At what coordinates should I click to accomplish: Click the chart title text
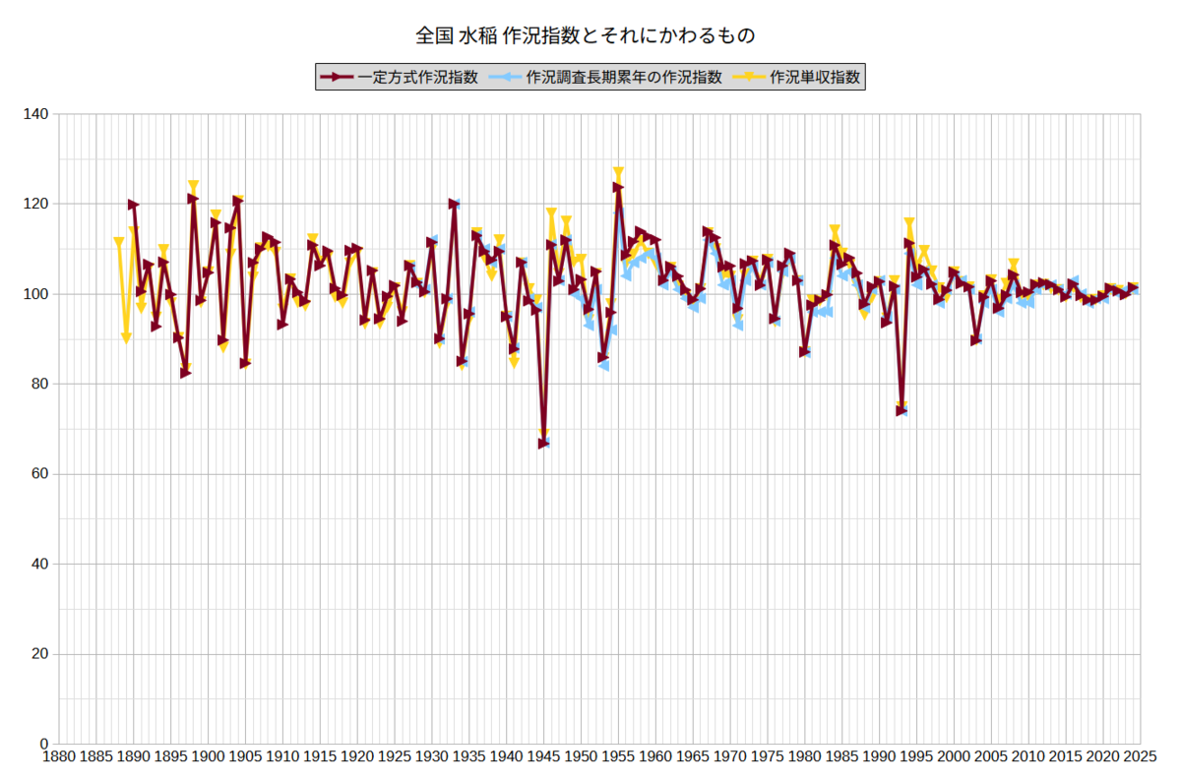tap(586, 35)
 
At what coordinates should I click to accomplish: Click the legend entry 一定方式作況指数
tap(399, 78)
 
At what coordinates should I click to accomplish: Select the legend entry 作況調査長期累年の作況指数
tap(604, 78)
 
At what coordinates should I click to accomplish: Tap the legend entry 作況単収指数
tap(796, 78)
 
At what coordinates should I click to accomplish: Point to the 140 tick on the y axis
tap(35, 114)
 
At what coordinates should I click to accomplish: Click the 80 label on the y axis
tap(39, 384)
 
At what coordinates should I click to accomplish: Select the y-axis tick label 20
tap(39, 653)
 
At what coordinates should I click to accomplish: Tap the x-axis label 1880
tap(58, 756)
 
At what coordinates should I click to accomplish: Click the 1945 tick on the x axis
tap(543, 756)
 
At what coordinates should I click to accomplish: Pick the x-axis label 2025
tap(1141, 756)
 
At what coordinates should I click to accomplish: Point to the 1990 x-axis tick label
tap(880, 756)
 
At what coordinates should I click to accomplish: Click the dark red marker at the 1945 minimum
tap(543, 444)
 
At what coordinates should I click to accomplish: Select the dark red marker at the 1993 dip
tap(901, 410)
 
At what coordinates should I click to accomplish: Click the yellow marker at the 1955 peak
tap(618, 172)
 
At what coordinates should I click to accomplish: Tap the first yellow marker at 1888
tap(119, 242)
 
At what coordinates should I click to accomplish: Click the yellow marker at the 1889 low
tap(126, 338)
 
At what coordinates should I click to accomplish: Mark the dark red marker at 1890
tap(134, 205)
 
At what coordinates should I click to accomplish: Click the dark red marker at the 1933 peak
tap(454, 204)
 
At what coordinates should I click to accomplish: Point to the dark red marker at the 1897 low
tap(186, 373)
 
